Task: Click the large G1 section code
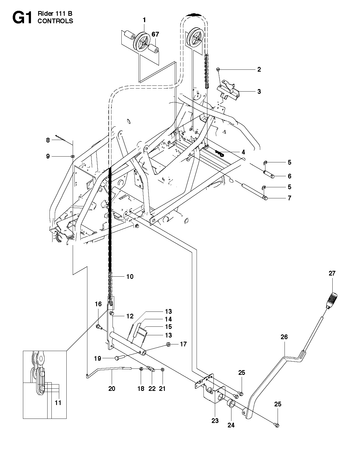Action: tap(22, 17)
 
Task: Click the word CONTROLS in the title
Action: tap(55, 21)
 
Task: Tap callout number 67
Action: tap(155, 34)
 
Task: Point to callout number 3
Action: tap(259, 91)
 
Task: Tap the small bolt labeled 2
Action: tap(219, 69)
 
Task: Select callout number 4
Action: tap(243, 152)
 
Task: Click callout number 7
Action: tap(289, 198)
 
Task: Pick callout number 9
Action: tap(48, 156)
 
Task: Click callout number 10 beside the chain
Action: tap(130, 276)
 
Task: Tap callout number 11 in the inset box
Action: tap(58, 403)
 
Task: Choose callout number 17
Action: tap(183, 344)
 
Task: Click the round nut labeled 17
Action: tap(169, 344)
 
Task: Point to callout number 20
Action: tap(112, 388)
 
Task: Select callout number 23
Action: tap(215, 421)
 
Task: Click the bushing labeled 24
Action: tap(230, 405)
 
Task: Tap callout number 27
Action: tap(332, 273)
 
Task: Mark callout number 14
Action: tap(168, 319)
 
